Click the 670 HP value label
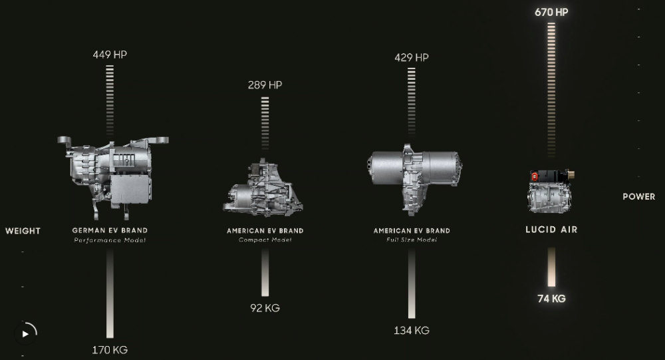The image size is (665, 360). (x=551, y=13)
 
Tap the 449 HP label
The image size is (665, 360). (x=110, y=55)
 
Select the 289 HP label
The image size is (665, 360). (x=265, y=85)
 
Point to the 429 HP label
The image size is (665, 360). (x=412, y=57)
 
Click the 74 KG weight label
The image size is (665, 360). (x=551, y=298)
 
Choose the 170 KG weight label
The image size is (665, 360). (x=110, y=350)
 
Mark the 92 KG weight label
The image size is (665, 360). (x=265, y=308)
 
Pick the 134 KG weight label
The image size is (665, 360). (x=412, y=330)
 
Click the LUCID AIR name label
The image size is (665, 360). (x=551, y=230)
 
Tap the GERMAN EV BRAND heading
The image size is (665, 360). (x=110, y=230)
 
